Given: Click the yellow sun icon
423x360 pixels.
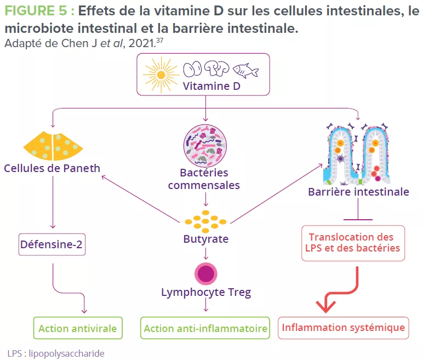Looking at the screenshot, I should (x=161, y=73).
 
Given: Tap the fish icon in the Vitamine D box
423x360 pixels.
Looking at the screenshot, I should (x=245, y=70).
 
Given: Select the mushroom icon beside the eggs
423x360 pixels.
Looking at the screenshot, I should (x=218, y=68).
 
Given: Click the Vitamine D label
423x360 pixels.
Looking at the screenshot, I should (x=211, y=86).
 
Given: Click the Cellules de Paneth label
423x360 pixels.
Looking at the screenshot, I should (x=53, y=168).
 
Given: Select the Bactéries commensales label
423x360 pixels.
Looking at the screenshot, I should (x=204, y=179).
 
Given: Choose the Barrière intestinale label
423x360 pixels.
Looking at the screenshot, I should (x=358, y=192).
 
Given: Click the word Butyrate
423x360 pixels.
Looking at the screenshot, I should (x=205, y=239).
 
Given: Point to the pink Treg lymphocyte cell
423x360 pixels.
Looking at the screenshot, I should (x=205, y=273).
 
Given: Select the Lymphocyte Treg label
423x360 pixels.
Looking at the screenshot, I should (x=205, y=292).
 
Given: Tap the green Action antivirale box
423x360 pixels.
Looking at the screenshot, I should (x=77, y=329).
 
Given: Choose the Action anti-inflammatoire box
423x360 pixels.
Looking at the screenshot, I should (x=205, y=329).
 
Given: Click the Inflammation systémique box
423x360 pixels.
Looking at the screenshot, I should (x=344, y=328).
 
